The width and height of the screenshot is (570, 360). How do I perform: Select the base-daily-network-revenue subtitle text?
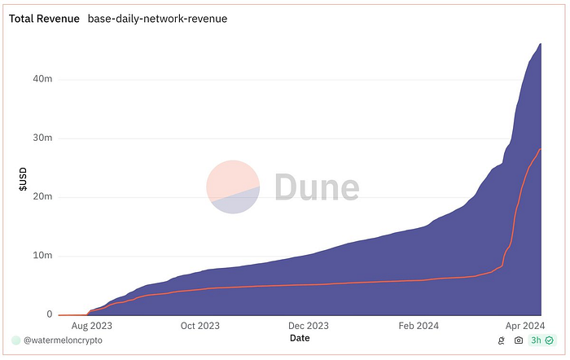coord(157,18)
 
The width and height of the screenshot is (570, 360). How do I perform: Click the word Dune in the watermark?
coord(316,187)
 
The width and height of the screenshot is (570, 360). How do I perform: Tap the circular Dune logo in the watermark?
coord(233,187)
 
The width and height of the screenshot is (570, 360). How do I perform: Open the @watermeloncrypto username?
coord(68,340)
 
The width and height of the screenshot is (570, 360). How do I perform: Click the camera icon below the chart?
coord(519,340)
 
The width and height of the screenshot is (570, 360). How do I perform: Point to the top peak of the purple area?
coord(541,44)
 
